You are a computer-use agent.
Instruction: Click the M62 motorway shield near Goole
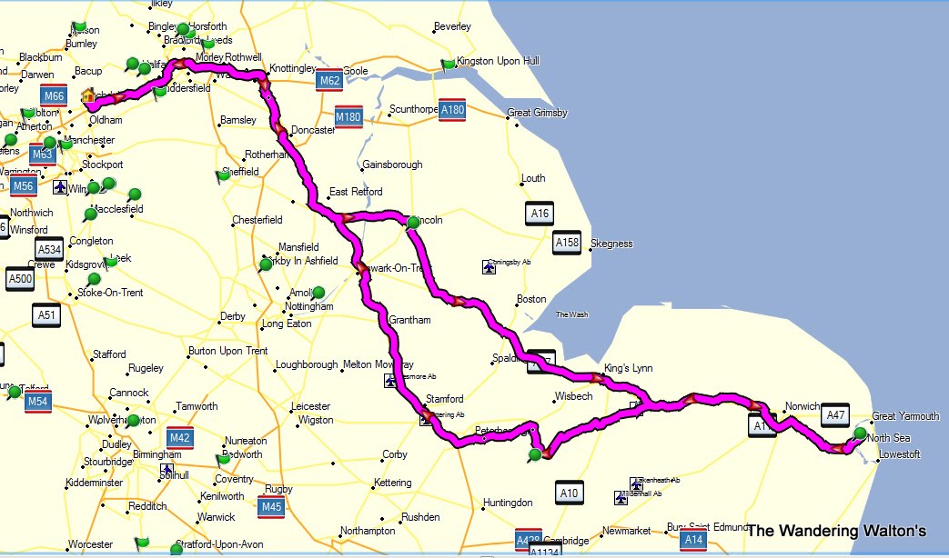point(329,82)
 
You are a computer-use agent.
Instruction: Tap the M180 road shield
point(348,117)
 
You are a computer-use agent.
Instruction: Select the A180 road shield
point(452,109)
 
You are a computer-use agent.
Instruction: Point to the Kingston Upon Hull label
point(498,61)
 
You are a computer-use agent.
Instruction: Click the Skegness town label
point(611,244)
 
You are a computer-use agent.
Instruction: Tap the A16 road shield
point(540,214)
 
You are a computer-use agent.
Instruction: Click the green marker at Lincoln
point(413,222)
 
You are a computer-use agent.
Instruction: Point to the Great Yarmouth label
point(905,416)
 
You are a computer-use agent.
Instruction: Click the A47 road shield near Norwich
point(834,415)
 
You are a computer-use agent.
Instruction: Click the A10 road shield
point(569,493)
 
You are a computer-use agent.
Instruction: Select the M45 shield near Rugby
point(270,506)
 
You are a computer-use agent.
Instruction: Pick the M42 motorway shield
point(180,438)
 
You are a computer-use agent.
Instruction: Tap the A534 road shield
point(49,250)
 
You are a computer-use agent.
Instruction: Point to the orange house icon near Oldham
point(88,95)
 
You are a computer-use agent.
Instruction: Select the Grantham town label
point(409,320)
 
